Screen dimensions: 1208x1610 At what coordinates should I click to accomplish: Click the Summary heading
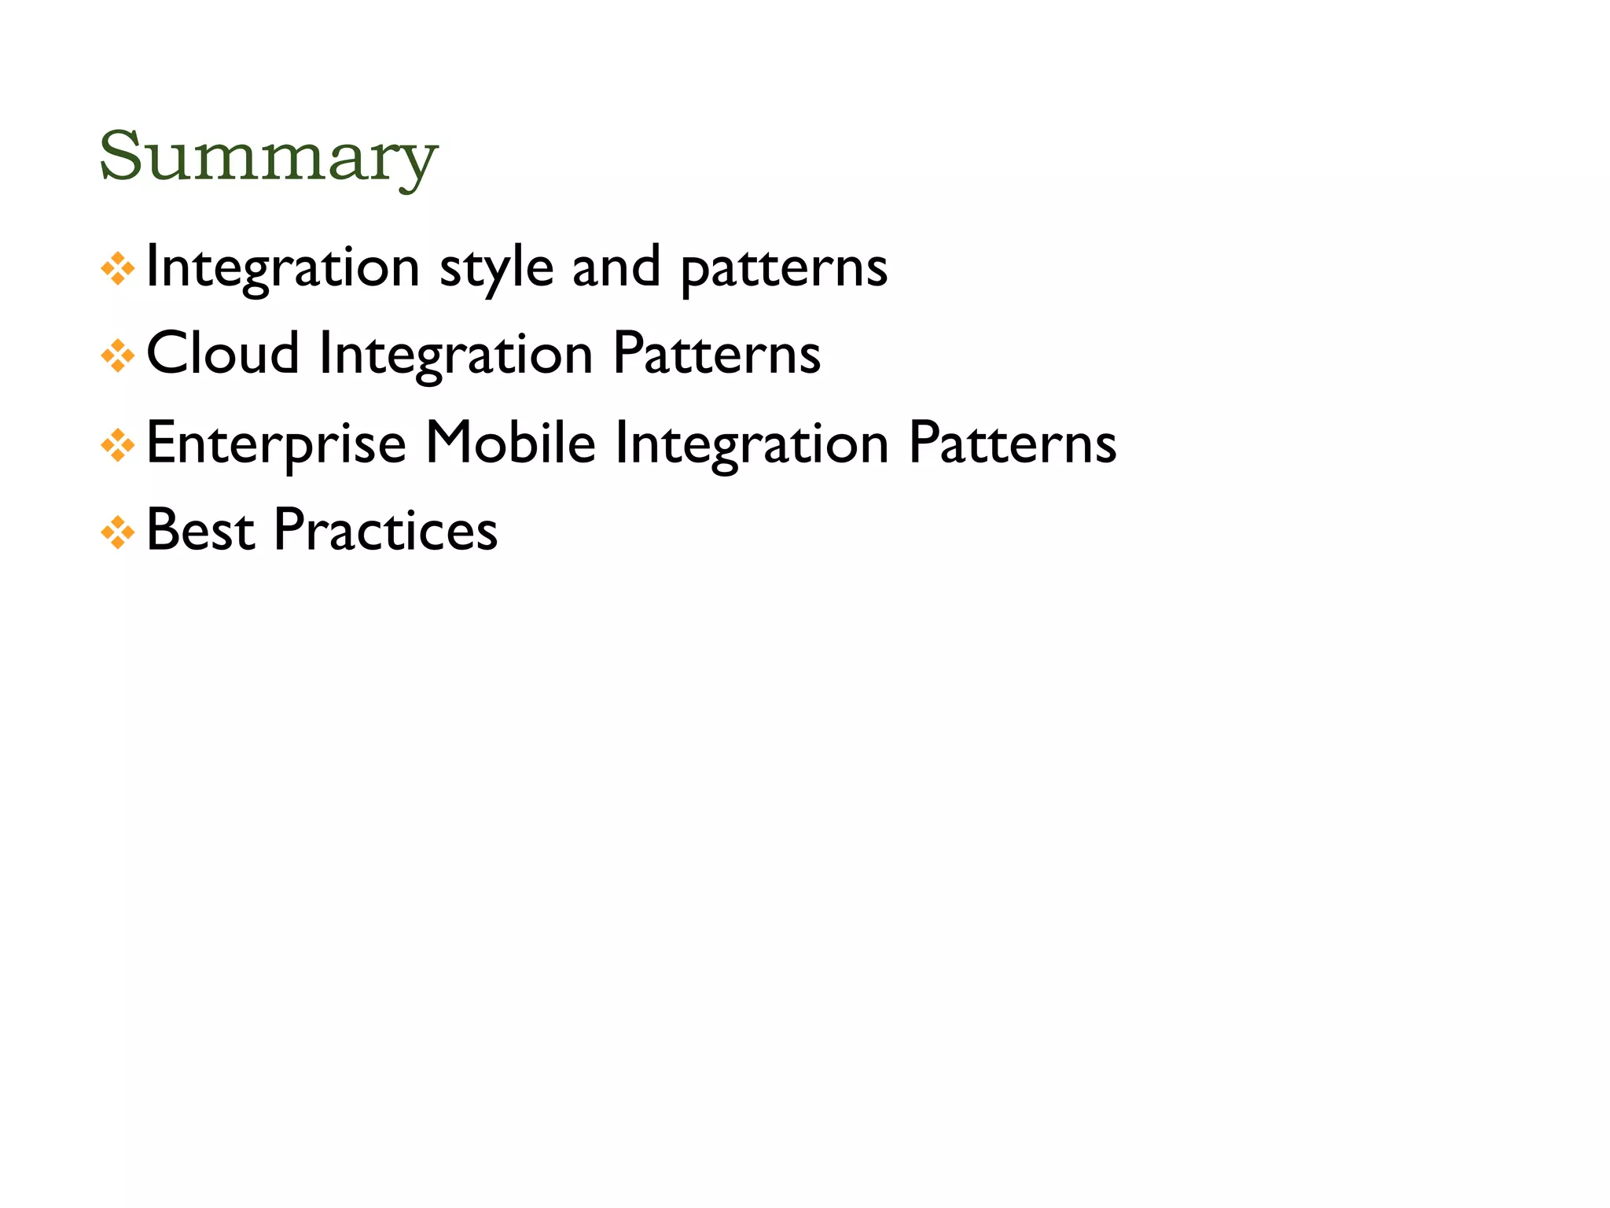(x=268, y=157)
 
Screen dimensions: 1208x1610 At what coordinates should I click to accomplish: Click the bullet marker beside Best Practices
(x=118, y=532)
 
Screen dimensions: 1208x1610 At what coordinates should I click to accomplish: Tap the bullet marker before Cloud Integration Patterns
(x=118, y=356)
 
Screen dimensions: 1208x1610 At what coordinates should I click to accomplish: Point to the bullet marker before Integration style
(x=118, y=269)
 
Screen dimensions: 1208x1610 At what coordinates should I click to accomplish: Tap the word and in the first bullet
(x=616, y=267)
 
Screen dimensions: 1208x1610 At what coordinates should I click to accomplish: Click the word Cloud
(x=222, y=353)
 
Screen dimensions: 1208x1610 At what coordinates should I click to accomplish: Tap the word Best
(x=200, y=530)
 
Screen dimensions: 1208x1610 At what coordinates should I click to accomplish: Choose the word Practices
(x=385, y=530)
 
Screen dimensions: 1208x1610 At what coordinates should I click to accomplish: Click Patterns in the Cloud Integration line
(x=716, y=354)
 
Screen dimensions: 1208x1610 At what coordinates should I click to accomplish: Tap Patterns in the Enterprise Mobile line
(x=1013, y=443)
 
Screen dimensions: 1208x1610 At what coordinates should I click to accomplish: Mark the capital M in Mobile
(x=447, y=442)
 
